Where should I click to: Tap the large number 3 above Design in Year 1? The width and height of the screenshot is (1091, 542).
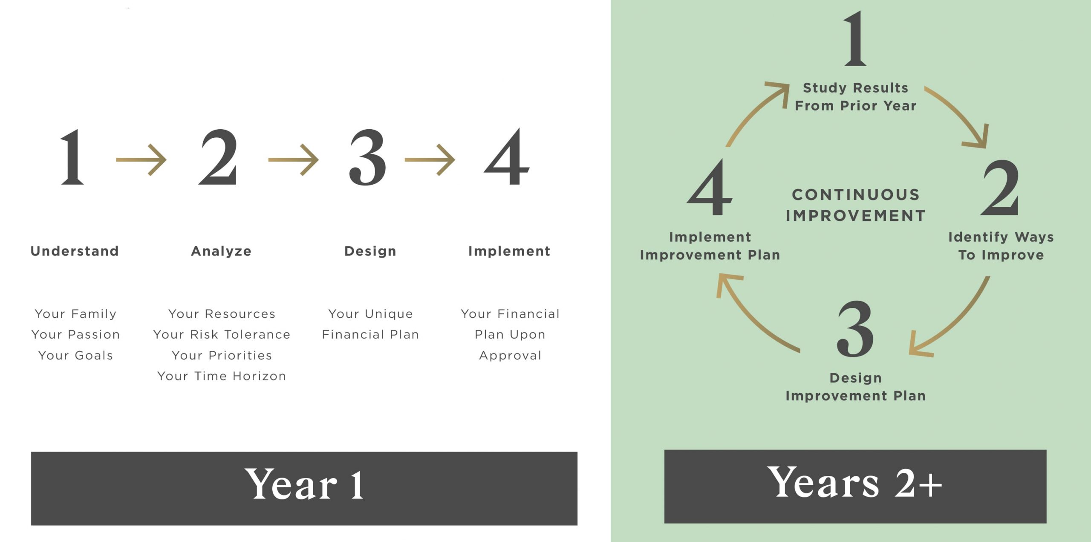click(368, 157)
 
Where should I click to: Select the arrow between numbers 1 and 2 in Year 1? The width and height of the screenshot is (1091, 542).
click(141, 160)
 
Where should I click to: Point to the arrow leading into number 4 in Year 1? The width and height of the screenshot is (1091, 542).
click(430, 160)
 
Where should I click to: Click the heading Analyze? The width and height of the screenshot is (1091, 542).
click(221, 251)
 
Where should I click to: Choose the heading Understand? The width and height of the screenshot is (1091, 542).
click(75, 251)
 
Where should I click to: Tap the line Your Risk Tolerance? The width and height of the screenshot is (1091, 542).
click(222, 334)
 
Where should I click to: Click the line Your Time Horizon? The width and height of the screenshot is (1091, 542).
click(222, 376)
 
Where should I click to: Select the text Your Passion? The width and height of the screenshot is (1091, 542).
click(75, 334)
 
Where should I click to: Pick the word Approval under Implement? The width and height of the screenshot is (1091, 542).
click(510, 356)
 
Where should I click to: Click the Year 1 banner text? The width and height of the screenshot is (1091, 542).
click(304, 484)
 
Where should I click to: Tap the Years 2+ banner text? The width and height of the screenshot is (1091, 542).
click(854, 482)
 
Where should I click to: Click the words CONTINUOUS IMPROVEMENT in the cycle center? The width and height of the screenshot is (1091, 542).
click(856, 205)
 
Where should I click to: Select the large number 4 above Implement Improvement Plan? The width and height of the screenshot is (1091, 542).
click(710, 187)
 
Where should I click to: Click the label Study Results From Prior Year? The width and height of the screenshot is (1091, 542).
click(856, 97)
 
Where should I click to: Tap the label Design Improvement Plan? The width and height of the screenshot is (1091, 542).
click(856, 387)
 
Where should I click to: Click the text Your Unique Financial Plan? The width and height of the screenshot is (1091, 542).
click(370, 324)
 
